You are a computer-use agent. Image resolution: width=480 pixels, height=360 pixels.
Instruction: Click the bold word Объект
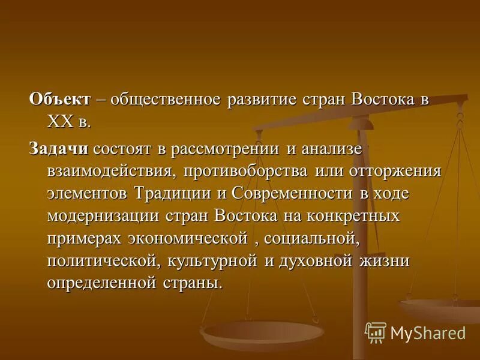pyautogui.click(x=60, y=99)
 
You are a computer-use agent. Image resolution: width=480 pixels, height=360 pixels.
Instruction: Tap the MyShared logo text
pyautogui.click(x=428, y=333)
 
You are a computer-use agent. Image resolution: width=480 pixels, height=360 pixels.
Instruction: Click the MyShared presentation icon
pyautogui.click(x=376, y=332)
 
